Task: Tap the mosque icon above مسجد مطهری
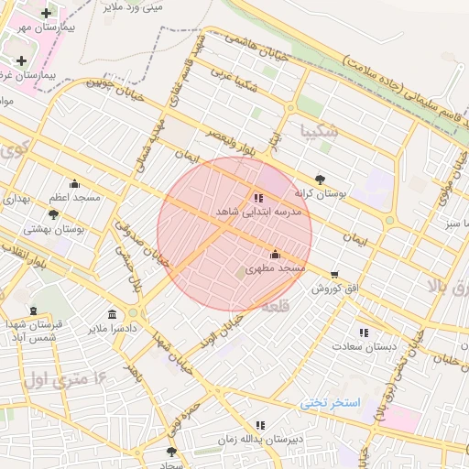[276, 254]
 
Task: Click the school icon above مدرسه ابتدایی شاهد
[257, 197]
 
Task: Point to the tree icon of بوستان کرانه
[320, 180]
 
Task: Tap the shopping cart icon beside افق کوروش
[334, 274]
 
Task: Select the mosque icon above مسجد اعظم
[75, 183]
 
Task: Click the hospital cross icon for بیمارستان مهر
[46, 13]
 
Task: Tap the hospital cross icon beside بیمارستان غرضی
[21, 60]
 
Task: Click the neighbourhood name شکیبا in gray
[318, 131]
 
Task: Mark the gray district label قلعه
[276, 309]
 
